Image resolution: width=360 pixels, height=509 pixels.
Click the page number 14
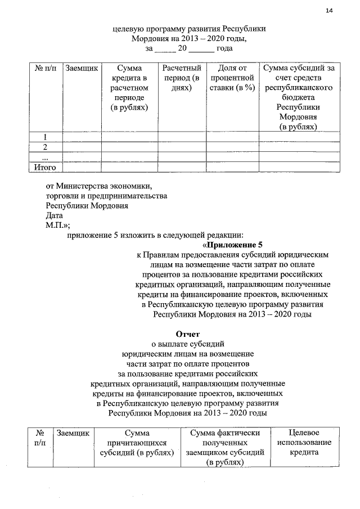coord(329,11)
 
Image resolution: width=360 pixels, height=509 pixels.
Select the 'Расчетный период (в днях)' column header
coord(182,78)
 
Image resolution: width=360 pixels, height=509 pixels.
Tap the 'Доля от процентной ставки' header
coord(232,78)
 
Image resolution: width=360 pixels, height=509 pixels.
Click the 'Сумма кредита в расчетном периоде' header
coord(129,88)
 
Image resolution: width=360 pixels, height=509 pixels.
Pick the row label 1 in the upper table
coord(45,137)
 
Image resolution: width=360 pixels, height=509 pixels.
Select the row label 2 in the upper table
coord(45,147)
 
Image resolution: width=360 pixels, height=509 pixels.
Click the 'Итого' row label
coord(45,167)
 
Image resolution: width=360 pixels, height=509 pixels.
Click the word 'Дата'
coord(55,215)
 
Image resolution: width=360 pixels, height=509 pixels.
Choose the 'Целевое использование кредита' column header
coord(303,443)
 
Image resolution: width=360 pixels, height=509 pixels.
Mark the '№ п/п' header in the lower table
coord(40,438)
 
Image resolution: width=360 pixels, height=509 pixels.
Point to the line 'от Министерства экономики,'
coord(99,185)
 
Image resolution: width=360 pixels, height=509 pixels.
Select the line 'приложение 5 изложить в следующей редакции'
coord(155,235)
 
